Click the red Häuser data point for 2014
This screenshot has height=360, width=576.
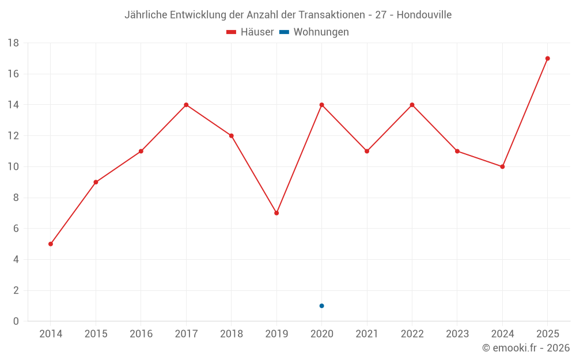pyautogui.click(x=51, y=244)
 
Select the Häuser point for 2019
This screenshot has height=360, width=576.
pyautogui.click(x=276, y=213)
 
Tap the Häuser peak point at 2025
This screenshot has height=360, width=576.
pyautogui.click(x=548, y=58)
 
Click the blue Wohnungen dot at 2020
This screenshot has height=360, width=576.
pyautogui.click(x=322, y=306)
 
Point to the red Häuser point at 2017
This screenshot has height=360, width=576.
pyautogui.click(x=186, y=105)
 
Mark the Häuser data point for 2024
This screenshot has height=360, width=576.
pyautogui.click(x=502, y=167)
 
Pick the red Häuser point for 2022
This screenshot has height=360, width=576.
pyautogui.click(x=412, y=105)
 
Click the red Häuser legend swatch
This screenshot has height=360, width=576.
pyautogui.click(x=231, y=32)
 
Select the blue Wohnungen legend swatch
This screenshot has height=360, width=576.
pyautogui.click(x=285, y=32)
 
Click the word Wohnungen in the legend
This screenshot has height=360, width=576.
pyautogui.click(x=321, y=32)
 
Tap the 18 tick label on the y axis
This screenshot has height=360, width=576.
pyautogui.click(x=13, y=43)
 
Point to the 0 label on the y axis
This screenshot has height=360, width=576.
pyautogui.click(x=16, y=321)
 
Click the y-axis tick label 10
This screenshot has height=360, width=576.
pyautogui.click(x=13, y=167)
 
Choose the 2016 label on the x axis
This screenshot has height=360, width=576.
pyautogui.click(x=141, y=334)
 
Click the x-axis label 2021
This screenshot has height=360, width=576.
pyautogui.click(x=367, y=334)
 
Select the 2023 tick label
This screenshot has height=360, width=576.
pyautogui.click(x=457, y=334)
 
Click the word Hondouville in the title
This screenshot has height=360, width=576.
pyautogui.click(x=424, y=15)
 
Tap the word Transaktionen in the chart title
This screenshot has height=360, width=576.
pyautogui.click(x=332, y=15)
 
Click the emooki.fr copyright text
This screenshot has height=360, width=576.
pyautogui.click(x=526, y=347)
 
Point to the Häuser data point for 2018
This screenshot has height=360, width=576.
pyautogui.click(x=232, y=135)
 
